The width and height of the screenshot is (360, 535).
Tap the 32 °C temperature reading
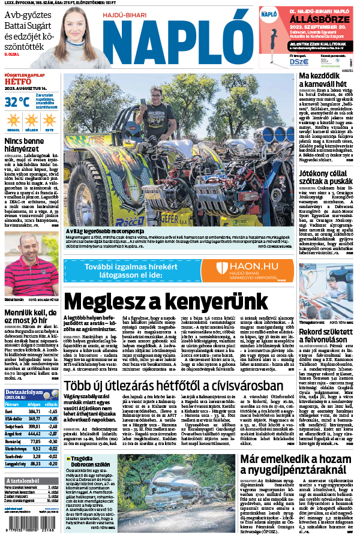pyautogui.click(x=17, y=102)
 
